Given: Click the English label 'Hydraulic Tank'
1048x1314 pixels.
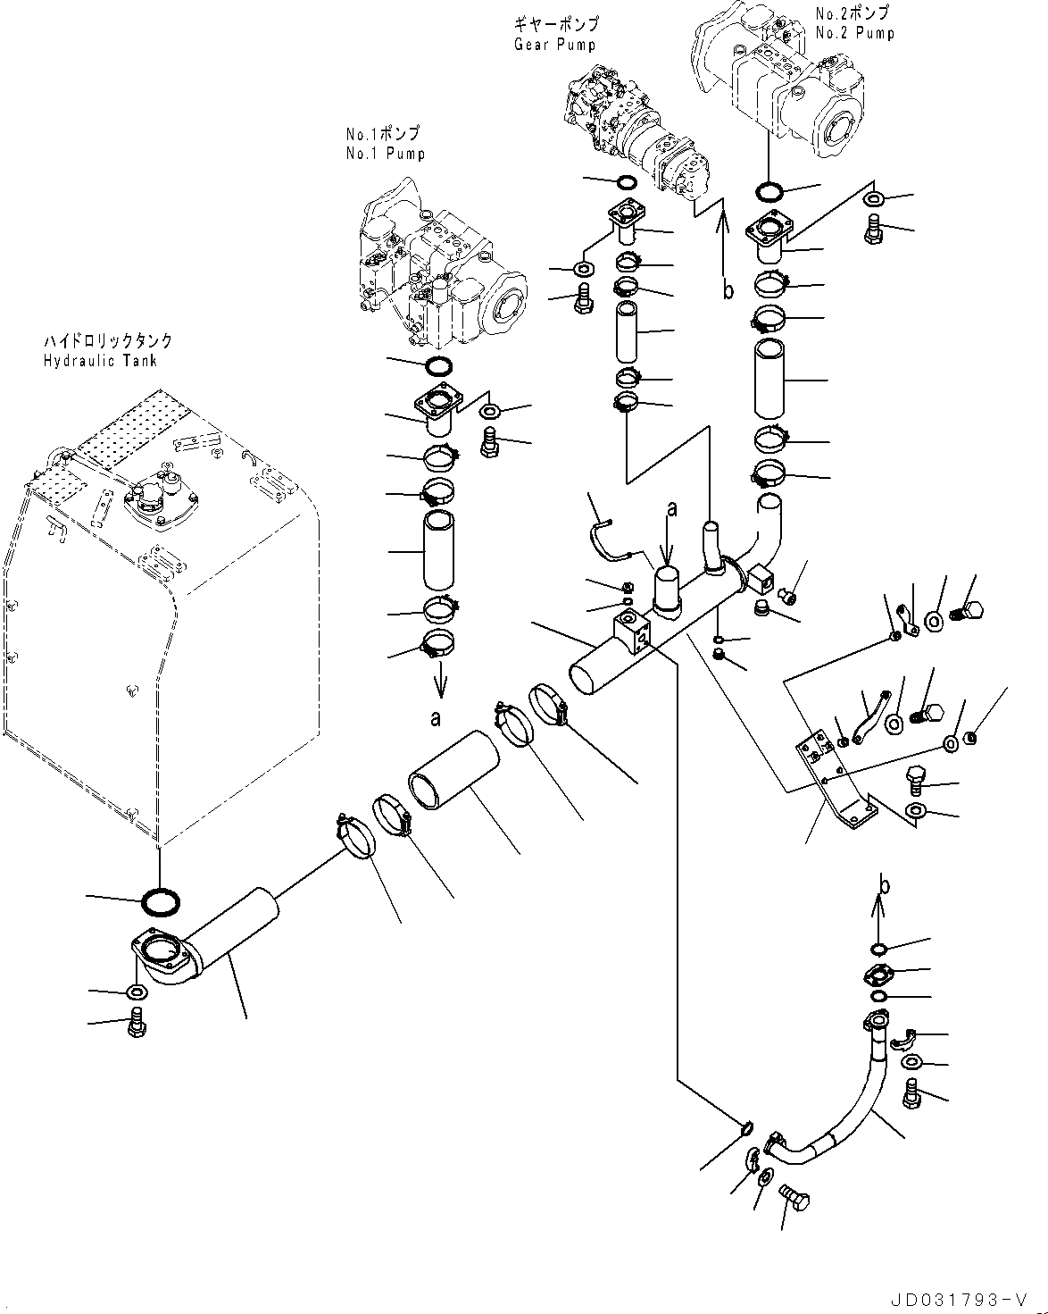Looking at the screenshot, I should pos(99,361).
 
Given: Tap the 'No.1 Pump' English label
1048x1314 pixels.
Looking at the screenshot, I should pos(385,154).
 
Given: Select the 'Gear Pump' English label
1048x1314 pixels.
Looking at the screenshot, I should pos(554,45).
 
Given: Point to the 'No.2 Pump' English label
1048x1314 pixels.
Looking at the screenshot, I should pos(854,33).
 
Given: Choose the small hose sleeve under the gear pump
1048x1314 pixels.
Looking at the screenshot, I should pos(628,331).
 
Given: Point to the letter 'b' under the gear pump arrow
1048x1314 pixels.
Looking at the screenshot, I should pos(728,290).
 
